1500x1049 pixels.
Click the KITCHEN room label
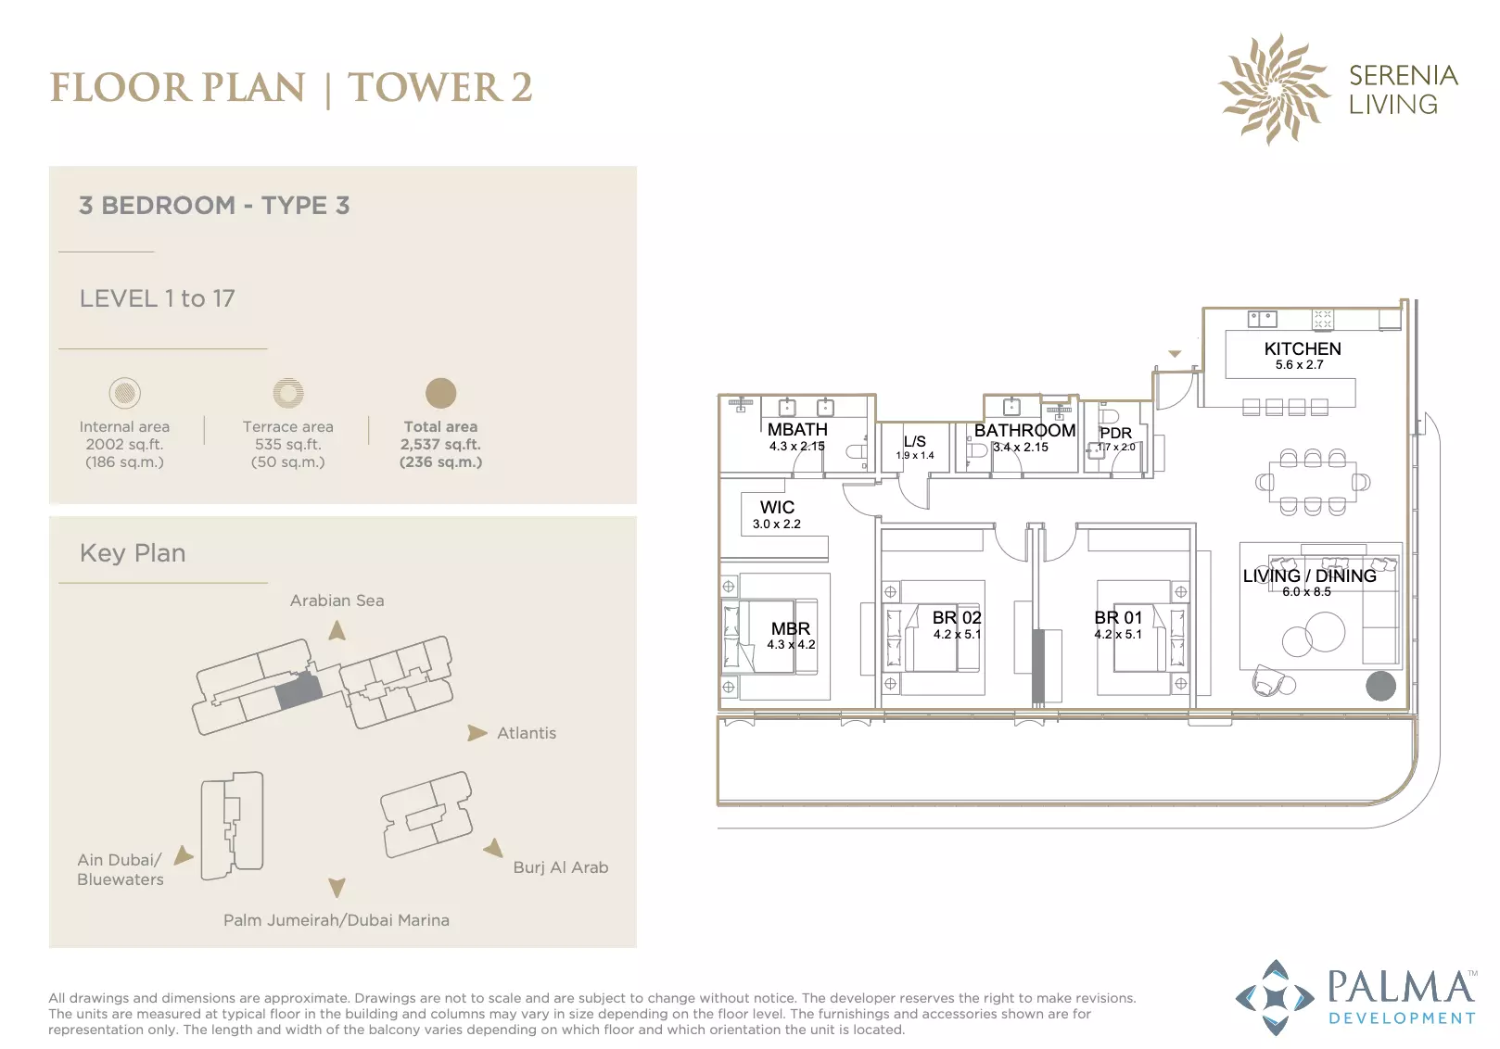point(1302,348)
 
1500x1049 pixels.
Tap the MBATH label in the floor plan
point(797,429)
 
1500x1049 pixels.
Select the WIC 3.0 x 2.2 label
point(777,514)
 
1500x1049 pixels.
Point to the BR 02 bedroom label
point(956,617)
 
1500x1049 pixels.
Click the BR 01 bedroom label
point(1118,617)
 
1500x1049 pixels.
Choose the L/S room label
point(915,441)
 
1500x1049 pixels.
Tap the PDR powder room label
point(1115,433)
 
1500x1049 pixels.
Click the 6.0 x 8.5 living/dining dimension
point(1306,592)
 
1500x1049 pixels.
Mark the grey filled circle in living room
point(1380,686)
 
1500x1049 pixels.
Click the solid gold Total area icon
point(440,393)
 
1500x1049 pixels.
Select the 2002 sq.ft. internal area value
point(124,445)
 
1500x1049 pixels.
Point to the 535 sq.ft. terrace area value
point(288,445)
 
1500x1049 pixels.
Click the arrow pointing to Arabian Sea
point(337,630)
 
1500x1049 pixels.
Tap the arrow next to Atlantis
point(477,733)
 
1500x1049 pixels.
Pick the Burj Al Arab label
point(561,867)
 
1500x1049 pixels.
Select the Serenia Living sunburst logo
point(1274,89)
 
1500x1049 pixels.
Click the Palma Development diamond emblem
point(1275,997)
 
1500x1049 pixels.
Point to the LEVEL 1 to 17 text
point(158,298)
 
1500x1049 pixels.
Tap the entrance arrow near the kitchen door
point(1175,353)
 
